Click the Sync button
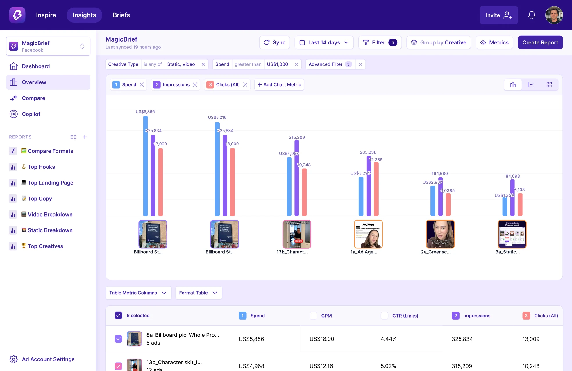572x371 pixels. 274,42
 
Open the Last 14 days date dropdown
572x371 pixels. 324,42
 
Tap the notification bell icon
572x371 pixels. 532,15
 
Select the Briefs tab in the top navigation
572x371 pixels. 121,15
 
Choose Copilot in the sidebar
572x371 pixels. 31,114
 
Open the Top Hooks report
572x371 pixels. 41,167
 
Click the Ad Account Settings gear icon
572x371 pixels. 13,359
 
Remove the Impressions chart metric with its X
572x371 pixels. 195,85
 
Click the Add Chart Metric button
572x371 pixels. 279,85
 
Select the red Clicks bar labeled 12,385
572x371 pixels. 376,189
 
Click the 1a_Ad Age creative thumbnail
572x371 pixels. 368,234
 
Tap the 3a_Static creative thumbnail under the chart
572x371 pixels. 512,234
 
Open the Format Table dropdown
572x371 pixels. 199,293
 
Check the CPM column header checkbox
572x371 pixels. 313,316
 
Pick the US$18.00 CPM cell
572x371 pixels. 322,339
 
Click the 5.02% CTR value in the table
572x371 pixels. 388,366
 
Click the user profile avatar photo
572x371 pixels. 554,15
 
